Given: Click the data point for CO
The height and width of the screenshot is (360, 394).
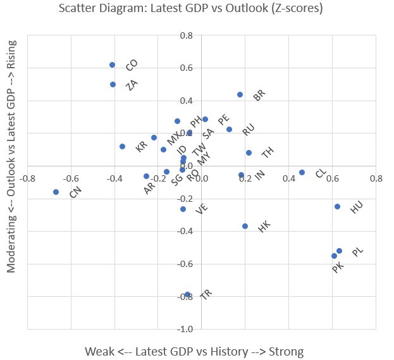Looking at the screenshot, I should (x=112, y=65).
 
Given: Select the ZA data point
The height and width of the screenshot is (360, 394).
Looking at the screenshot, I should (x=113, y=84).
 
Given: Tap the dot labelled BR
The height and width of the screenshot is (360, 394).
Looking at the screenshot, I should (x=240, y=95).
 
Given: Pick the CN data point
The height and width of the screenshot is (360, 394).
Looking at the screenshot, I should (x=56, y=192).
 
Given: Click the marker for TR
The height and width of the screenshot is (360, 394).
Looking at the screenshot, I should (x=187, y=294).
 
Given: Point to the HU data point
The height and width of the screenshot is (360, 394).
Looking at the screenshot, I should (x=337, y=206).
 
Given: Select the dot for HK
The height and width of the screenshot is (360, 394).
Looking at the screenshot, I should (x=245, y=226).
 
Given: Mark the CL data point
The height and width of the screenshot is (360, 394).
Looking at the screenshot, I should (x=302, y=172).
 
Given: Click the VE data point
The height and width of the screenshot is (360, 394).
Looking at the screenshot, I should (x=183, y=209).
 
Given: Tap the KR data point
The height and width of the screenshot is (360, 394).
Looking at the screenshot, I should (x=122, y=146).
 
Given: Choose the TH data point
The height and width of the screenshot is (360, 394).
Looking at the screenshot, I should (x=249, y=152).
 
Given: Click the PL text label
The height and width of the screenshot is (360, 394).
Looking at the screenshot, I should (x=358, y=252).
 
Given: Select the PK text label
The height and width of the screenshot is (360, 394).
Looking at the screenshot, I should (x=338, y=268).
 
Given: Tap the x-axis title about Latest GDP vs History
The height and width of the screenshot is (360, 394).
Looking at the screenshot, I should (x=194, y=351).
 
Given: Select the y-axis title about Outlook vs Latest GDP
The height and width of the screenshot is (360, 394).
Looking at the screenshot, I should (x=11, y=156).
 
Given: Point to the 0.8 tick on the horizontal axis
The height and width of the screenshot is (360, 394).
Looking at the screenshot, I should (x=376, y=178).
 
